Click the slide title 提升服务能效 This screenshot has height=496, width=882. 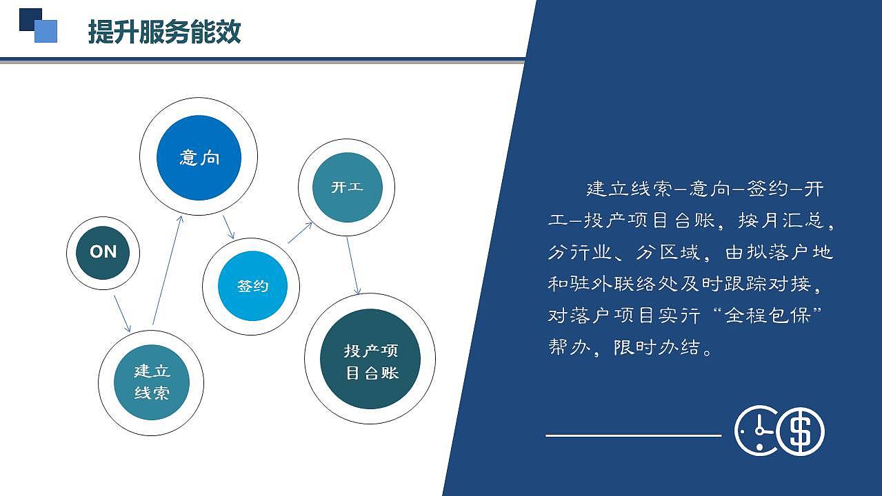pos(164,32)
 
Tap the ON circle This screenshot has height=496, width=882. pos(103,252)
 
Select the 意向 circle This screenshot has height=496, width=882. pos(199,158)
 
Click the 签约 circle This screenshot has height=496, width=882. pos(252,286)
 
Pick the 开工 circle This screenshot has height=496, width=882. pos(346,187)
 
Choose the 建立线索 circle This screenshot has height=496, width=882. pos(151,382)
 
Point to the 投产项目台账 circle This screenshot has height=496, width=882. pos(370,359)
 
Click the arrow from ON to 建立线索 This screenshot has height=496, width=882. pos(122,314)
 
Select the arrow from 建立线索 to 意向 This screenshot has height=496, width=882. pos(168,269)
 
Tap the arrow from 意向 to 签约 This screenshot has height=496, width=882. pos(229,227)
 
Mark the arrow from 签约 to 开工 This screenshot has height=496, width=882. pos(301,232)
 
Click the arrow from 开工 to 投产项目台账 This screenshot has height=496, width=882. pos(352,266)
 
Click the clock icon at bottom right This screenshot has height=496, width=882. pos(756,431)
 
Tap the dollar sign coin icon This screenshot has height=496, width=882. pos(801,431)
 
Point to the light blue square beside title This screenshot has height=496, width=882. pos(46,31)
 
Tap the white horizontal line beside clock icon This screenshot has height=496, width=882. pos(633,435)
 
